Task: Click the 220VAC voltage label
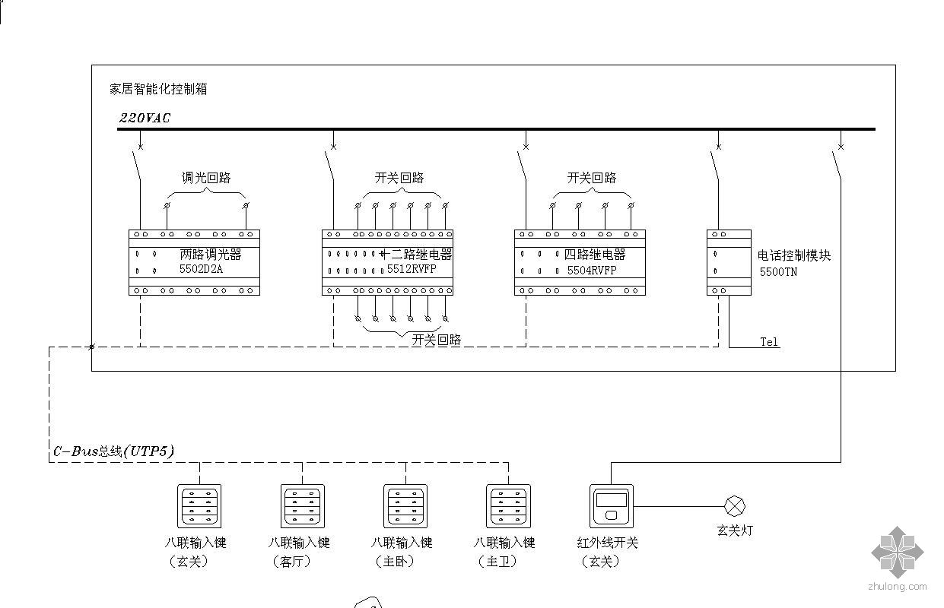[x=145, y=118]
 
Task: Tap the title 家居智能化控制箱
[x=158, y=89]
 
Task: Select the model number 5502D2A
[x=201, y=269]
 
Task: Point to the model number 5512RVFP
[x=412, y=269]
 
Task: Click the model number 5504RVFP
[x=592, y=269]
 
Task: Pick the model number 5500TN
[x=778, y=271]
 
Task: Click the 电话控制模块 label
[x=794, y=255]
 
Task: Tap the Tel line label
[x=770, y=342]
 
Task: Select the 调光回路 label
[x=205, y=178]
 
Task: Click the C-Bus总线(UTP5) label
[x=113, y=451]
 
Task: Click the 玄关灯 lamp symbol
[x=735, y=506]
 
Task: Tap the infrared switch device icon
[x=612, y=506]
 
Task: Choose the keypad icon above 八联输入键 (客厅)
[x=303, y=506]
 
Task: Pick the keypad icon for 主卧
[x=405, y=506]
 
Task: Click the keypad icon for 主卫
[x=508, y=506]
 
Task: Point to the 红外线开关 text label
[x=608, y=543]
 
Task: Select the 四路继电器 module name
[x=595, y=255]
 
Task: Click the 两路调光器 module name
[x=211, y=255]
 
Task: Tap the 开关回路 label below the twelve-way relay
[x=437, y=340]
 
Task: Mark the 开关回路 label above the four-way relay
[x=592, y=178]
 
